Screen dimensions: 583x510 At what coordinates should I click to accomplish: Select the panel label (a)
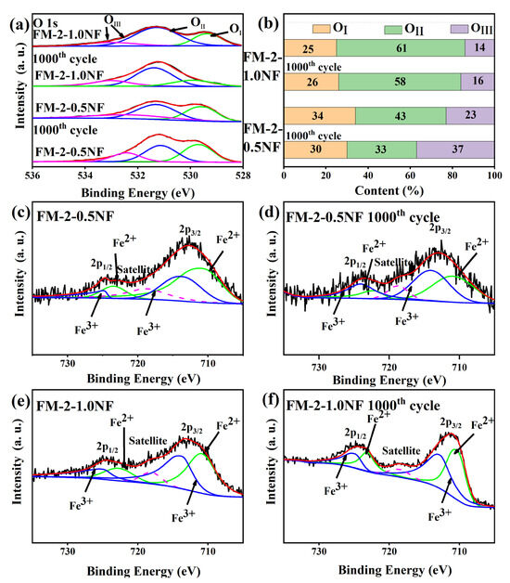(15, 11)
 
